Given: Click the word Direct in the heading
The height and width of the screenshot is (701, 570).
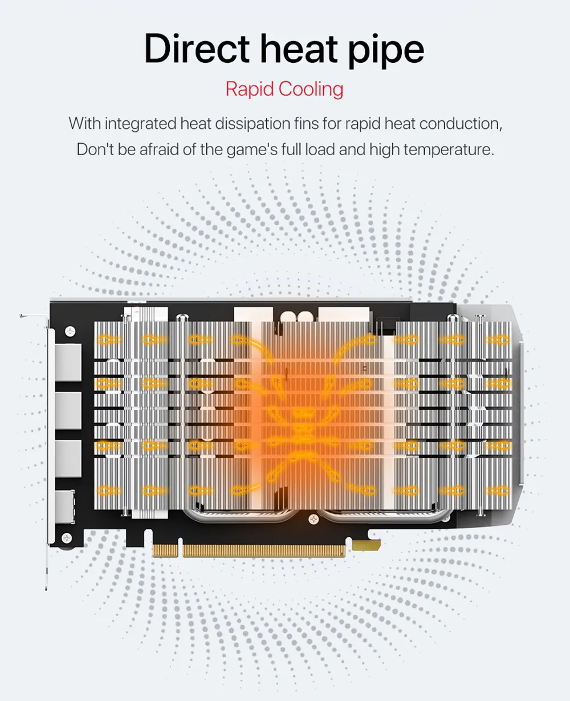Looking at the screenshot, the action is point(196,48).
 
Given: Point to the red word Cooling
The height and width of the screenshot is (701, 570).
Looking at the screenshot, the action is point(311,89).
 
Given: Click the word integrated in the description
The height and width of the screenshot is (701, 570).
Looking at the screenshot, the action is point(141,124).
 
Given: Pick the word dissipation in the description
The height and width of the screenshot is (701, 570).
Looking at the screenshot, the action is point(252,124).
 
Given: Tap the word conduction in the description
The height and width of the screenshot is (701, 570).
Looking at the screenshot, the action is point(461,124).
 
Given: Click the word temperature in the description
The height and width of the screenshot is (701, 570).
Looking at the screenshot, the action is point(449,150).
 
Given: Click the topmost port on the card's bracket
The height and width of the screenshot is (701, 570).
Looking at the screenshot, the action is point(68,362).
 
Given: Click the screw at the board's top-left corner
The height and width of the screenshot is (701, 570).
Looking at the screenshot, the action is point(70,331).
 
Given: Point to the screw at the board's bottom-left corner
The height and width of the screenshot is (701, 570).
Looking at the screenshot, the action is point(67,538).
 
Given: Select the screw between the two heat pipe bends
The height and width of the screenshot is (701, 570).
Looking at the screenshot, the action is point(313,519).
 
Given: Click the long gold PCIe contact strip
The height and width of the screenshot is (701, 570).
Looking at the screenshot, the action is point(264,550).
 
